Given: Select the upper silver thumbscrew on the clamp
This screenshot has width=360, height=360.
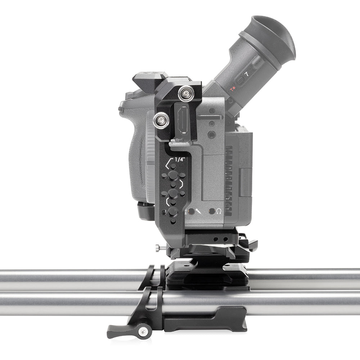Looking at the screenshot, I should coord(186,94).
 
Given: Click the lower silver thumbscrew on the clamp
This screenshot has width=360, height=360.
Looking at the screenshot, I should coord(161,120).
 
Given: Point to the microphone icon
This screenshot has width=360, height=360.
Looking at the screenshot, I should coord(199,212).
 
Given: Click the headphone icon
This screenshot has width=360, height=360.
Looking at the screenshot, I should coord(219,211).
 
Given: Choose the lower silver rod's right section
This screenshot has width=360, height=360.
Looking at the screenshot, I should coord(306,302).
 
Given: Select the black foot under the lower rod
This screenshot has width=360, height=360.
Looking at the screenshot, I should coord(209,322).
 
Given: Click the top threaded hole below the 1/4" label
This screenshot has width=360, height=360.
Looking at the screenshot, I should coord(173,167).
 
